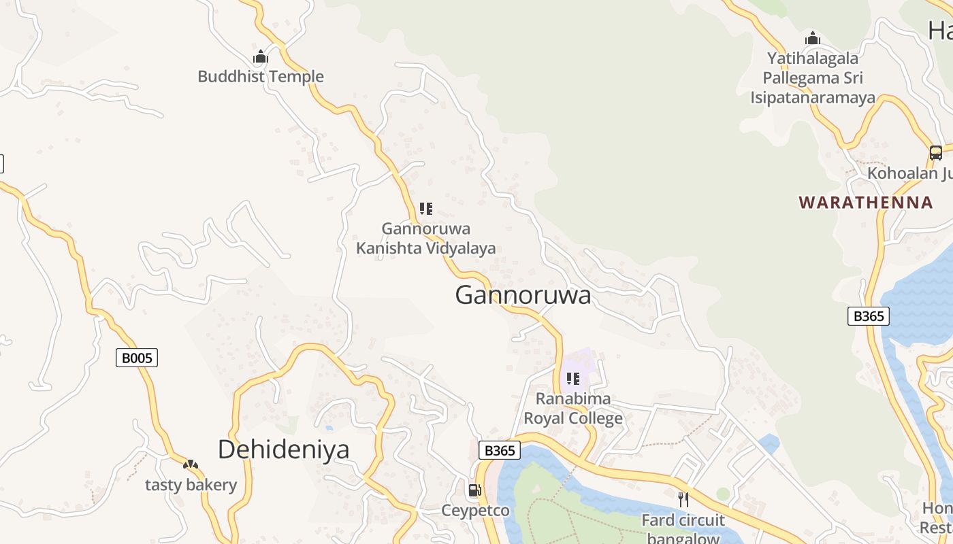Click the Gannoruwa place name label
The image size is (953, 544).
[523, 296]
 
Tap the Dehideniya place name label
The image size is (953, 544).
[283, 449]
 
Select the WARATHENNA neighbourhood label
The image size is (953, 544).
[866, 203]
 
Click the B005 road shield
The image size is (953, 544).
[137, 358]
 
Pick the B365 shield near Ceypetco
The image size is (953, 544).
[499, 450]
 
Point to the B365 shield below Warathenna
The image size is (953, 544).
[868, 316]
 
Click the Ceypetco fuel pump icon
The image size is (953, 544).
[474, 490]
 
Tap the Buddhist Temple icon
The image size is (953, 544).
[261, 57]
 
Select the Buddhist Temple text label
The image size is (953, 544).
[261, 77]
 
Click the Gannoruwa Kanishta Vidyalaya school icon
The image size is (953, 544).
[426, 209]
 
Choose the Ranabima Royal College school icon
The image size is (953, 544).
[573, 379]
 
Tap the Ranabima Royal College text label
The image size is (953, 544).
[573, 408]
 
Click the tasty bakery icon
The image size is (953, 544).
[191, 465]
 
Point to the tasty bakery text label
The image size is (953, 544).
[191, 485]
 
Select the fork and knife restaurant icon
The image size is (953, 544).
[683, 500]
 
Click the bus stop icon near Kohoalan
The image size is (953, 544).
[936, 153]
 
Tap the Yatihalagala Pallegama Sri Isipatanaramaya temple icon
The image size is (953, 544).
[812, 39]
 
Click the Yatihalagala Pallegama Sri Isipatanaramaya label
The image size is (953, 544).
[812, 78]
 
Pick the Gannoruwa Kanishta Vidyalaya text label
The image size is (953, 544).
[426, 239]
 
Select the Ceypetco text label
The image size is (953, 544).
[475, 511]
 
